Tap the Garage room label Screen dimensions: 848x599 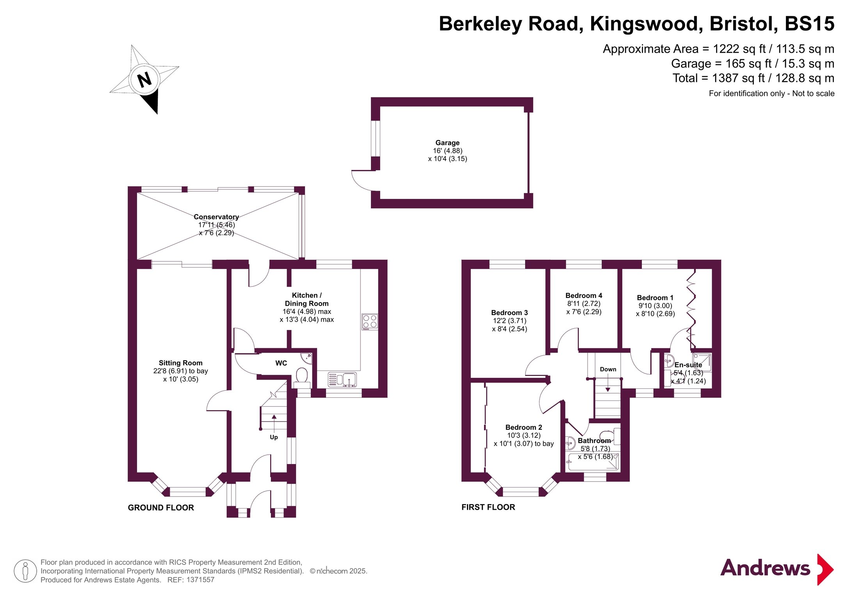(x=447, y=143)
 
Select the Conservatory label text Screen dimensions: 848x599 (x=216, y=217)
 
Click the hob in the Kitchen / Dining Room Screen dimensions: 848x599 (x=370, y=322)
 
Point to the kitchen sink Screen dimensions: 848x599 (x=342, y=379)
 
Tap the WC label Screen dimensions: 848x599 (x=281, y=363)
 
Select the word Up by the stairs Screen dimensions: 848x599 (x=274, y=437)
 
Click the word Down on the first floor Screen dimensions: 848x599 (x=608, y=369)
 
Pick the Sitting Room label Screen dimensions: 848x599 (x=180, y=363)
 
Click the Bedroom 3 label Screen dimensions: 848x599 (x=510, y=313)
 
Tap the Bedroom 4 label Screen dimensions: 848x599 (x=584, y=296)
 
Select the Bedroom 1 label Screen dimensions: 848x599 (x=655, y=298)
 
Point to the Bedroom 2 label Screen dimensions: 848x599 (x=524, y=427)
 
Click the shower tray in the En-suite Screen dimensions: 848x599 (x=702, y=362)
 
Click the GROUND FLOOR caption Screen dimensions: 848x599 (x=161, y=508)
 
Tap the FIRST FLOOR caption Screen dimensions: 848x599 (x=488, y=507)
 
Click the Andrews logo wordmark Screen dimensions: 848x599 (x=765, y=568)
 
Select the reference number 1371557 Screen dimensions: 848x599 (x=200, y=580)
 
